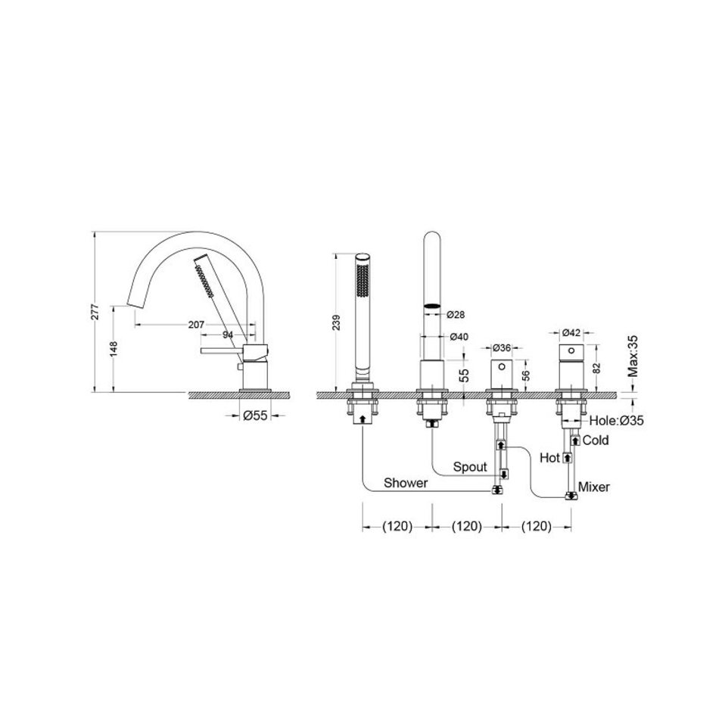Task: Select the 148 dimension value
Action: coord(114,349)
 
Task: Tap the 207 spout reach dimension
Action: coord(196,325)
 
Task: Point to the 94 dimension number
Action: coord(228,335)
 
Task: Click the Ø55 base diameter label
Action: coord(255,416)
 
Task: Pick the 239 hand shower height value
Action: coord(337,322)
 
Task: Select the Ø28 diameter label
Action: coord(456,315)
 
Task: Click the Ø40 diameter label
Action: coord(459,337)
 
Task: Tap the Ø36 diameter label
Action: coord(502,348)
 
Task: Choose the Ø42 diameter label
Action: coord(571,332)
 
